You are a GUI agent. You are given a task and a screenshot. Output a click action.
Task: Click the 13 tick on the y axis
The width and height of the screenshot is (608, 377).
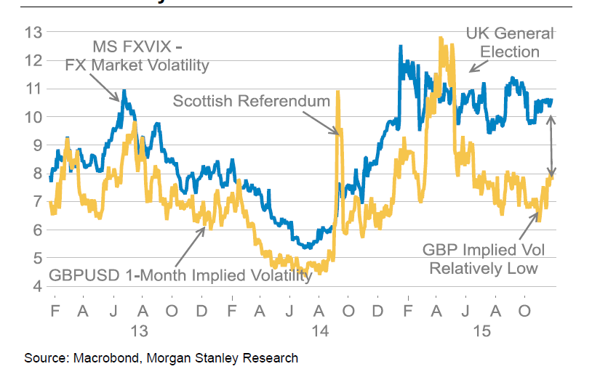pyautogui.click(x=33, y=32)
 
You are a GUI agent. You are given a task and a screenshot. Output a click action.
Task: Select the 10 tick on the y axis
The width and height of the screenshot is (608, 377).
pyautogui.click(x=33, y=117)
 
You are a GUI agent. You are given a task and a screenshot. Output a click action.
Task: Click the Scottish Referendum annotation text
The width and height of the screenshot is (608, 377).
pyautogui.click(x=252, y=101)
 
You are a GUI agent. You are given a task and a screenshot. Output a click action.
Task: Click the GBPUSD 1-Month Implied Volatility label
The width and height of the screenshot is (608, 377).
pyautogui.click(x=180, y=275)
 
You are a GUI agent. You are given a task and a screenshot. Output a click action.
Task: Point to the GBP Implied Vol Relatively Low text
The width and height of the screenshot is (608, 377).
pyautogui.click(x=483, y=259)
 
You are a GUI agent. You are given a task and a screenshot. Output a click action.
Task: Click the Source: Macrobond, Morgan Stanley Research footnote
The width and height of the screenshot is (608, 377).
pyautogui.click(x=161, y=358)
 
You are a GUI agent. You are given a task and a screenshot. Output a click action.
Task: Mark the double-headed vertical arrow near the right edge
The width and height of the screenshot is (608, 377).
pyautogui.click(x=551, y=145)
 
